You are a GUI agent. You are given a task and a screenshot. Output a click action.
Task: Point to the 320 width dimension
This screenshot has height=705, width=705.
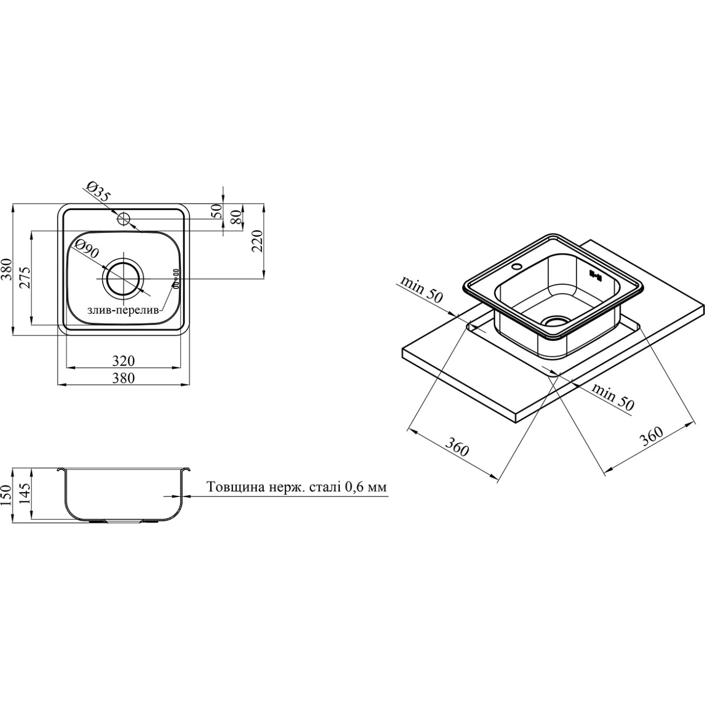(124, 361)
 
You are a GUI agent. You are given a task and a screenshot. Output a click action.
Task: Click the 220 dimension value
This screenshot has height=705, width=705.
(258, 241)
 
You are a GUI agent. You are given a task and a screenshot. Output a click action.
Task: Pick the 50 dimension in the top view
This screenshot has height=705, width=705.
(217, 211)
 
